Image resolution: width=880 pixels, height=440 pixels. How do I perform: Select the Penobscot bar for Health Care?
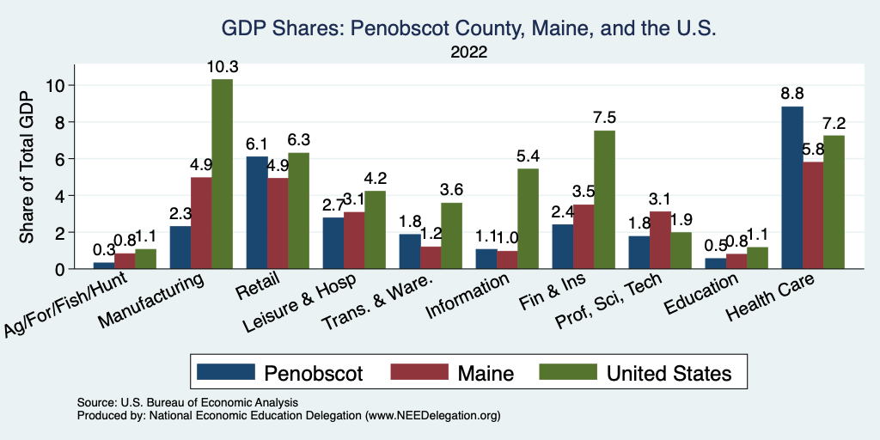coord(791,187)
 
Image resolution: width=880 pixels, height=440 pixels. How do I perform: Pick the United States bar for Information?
coord(528,219)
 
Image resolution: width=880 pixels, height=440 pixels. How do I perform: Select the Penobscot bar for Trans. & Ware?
coord(410,252)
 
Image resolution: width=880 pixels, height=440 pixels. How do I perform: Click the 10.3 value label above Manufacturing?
coord(222,66)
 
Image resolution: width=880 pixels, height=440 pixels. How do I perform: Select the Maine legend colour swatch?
coord(419,372)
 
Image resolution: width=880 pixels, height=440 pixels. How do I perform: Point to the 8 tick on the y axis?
coord(59,122)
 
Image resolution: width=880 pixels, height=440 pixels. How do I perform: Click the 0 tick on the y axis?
coord(59,269)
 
